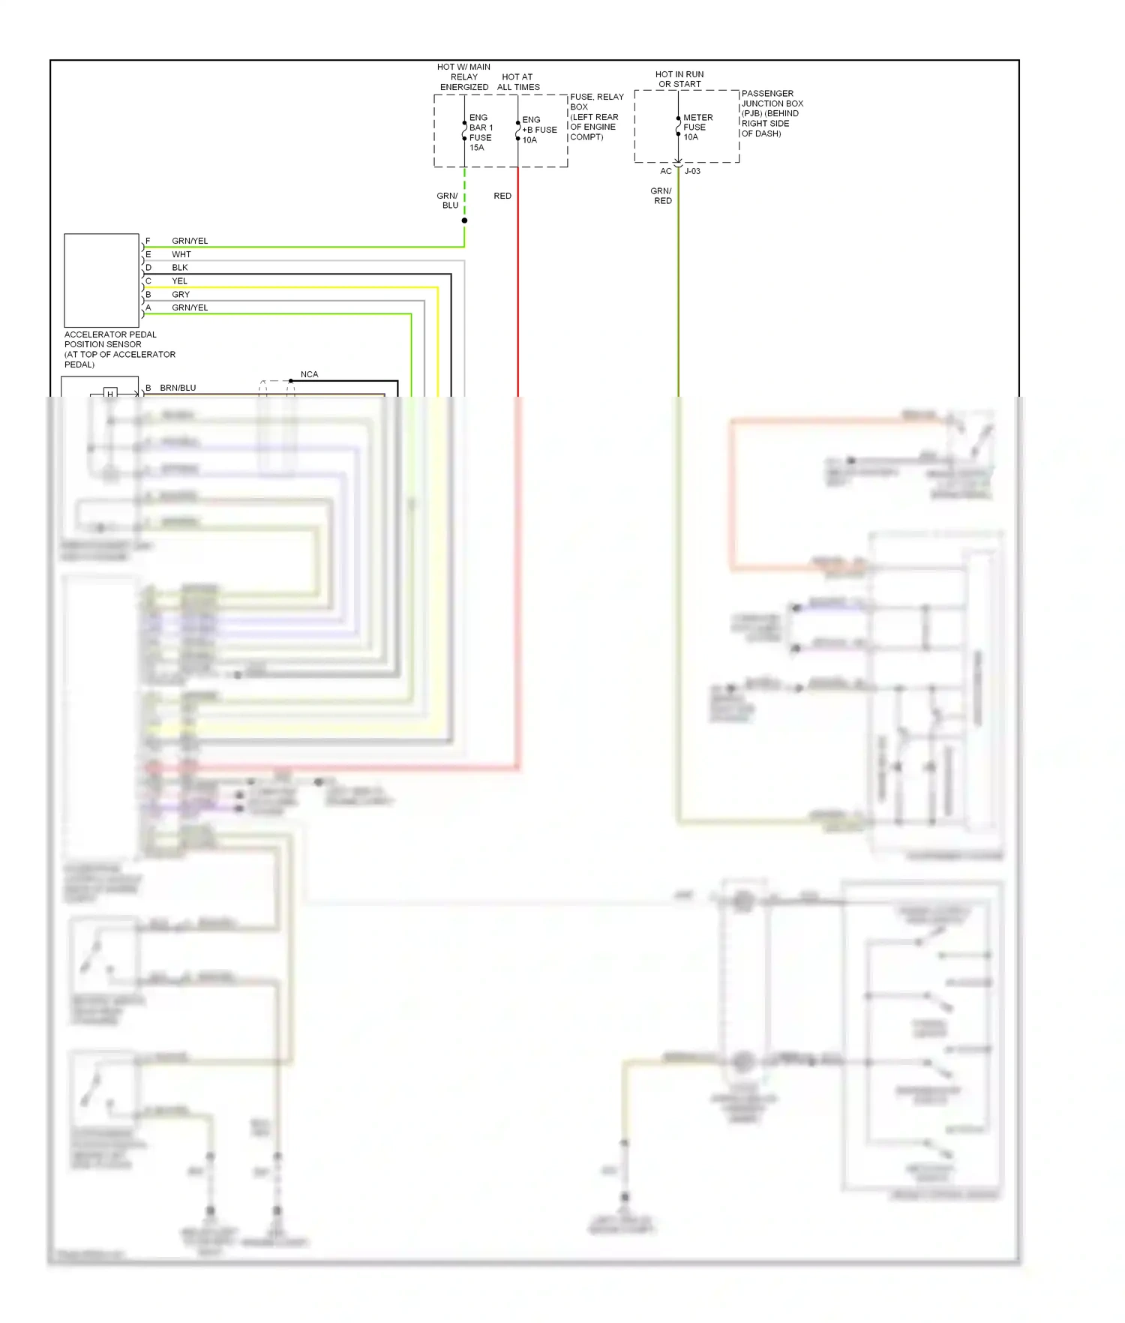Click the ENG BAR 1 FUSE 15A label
pyautogui.click(x=480, y=133)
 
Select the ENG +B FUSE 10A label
pyautogui.click(x=538, y=130)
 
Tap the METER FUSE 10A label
pyautogui.click(x=697, y=127)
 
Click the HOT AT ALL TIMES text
pyautogui.click(x=518, y=82)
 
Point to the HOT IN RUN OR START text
pyautogui.click(x=679, y=79)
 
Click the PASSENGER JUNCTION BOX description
pyautogui.click(x=771, y=113)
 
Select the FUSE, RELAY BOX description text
pyautogui.click(x=595, y=117)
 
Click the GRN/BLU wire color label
pyautogui.click(x=448, y=200)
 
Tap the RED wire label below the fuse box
pyautogui.click(x=502, y=196)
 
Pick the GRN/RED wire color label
pyautogui.click(x=661, y=196)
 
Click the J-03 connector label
pyautogui.click(x=692, y=171)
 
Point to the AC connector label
pyautogui.click(x=666, y=171)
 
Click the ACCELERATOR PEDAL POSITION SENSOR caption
pyautogui.click(x=119, y=349)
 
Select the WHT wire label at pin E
pyautogui.click(x=181, y=254)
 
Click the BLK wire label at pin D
pyautogui.click(x=180, y=268)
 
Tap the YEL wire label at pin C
pyautogui.click(x=179, y=281)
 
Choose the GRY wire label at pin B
pyautogui.click(x=181, y=295)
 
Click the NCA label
pyautogui.click(x=309, y=374)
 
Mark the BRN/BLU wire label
pyautogui.click(x=178, y=388)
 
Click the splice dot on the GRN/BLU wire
pyautogui.click(x=464, y=220)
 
